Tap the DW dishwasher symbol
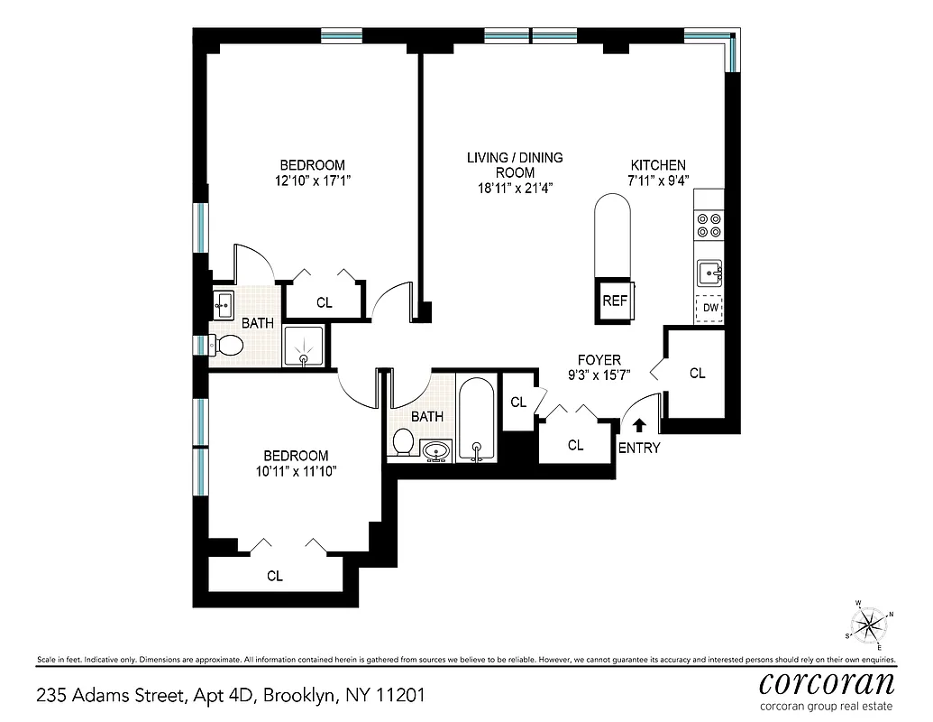point(710,308)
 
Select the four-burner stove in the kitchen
point(709,224)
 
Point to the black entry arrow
point(639,425)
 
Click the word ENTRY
point(639,448)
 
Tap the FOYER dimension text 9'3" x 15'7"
point(599,375)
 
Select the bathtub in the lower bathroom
point(475,420)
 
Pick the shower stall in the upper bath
point(306,346)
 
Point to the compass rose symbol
point(868,624)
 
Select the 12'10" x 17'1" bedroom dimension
point(313,180)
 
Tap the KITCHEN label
point(657,165)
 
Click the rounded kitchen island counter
point(615,238)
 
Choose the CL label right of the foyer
point(697,373)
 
